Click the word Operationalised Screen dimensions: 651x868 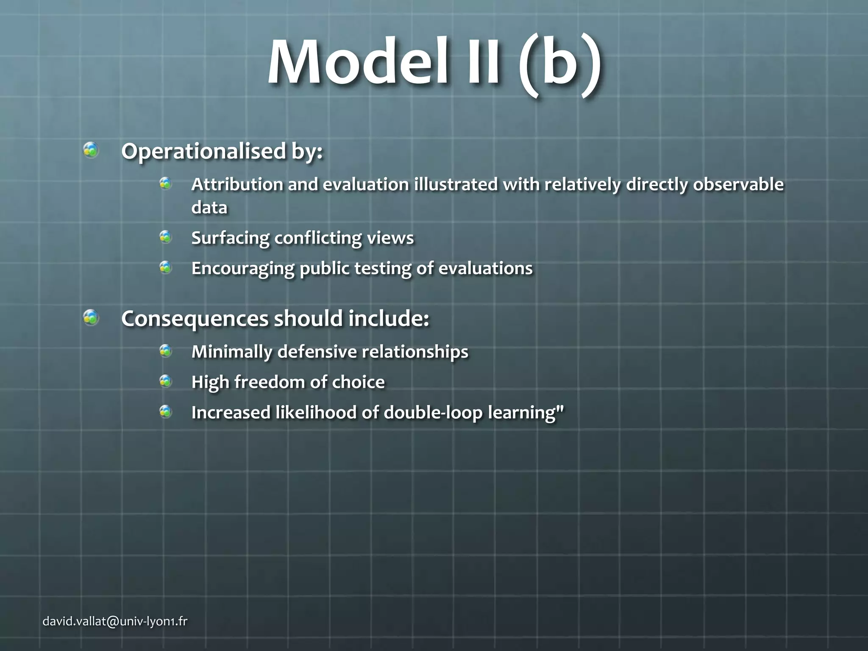click(x=203, y=151)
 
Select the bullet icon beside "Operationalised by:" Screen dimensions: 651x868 click(x=91, y=150)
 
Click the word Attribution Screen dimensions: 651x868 click(x=237, y=184)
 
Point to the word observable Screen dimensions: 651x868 click(x=738, y=184)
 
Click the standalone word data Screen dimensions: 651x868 click(x=209, y=208)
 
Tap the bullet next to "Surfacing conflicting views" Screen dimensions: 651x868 click(x=165, y=237)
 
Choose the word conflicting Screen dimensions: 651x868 click(x=318, y=238)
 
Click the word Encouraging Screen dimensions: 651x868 click(x=243, y=269)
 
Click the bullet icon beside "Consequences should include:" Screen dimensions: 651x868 click(x=91, y=317)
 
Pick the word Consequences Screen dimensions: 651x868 click(x=195, y=319)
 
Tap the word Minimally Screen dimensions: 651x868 click(x=231, y=352)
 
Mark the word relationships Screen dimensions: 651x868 click(x=415, y=352)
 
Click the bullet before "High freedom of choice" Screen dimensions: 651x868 click(x=165, y=381)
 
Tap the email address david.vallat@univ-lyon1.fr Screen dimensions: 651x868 click(x=115, y=622)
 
